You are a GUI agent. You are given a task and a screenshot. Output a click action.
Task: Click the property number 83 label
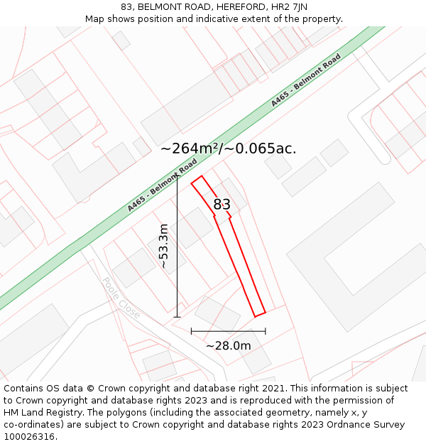(222, 205)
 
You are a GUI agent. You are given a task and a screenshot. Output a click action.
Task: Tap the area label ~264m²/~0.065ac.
(228, 148)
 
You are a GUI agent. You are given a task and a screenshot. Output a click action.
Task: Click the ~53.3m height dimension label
(164, 246)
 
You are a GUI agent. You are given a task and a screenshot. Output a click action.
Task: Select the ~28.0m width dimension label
(228, 346)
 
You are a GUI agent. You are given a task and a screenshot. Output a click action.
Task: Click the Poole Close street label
(121, 298)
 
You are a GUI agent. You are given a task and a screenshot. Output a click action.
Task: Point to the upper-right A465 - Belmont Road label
(306, 80)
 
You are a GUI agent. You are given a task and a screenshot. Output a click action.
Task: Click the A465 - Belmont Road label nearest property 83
(163, 185)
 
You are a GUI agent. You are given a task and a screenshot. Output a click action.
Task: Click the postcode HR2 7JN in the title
(292, 6)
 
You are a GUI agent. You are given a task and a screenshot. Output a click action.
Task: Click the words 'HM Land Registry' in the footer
(42, 413)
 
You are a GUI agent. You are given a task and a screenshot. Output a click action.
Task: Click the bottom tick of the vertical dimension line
(177, 317)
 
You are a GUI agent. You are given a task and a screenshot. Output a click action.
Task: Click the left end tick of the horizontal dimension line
(191, 331)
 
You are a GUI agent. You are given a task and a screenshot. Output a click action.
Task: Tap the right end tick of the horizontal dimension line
(266, 331)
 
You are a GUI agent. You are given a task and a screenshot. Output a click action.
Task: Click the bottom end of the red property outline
(260, 313)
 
